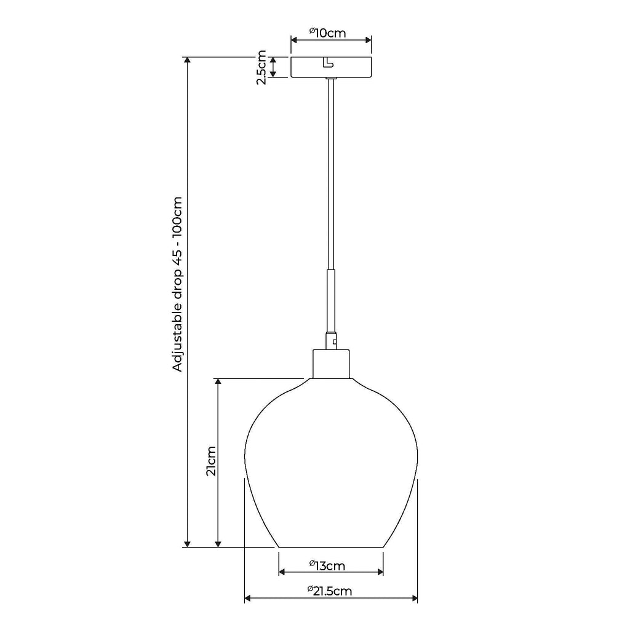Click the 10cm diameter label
(331, 33)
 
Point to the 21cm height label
(211, 461)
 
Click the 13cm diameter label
(330, 564)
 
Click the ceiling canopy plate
(331, 68)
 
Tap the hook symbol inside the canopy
(327, 62)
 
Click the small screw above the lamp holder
(335, 339)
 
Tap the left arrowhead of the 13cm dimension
(282, 572)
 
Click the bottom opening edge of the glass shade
(331, 546)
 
